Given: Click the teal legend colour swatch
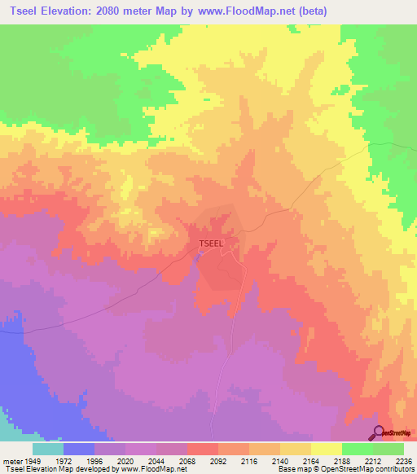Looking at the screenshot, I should [47, 450].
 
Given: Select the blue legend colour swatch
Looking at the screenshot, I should [78, 450].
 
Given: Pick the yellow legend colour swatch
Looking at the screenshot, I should [326, 450].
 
